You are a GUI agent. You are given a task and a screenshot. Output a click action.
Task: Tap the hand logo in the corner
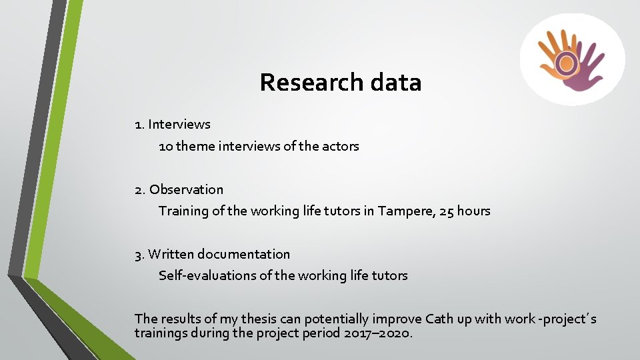(572, 60)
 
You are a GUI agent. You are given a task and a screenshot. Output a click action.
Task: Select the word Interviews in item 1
(179, 125)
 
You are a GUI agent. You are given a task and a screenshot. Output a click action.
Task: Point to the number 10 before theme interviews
(165, 146)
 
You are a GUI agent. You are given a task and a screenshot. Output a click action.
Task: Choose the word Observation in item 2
(187, 190)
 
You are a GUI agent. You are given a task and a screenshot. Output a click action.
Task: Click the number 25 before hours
(447, 211)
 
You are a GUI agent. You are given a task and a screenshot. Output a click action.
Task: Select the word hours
(474, 211)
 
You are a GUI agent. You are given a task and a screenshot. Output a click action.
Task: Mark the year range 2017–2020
(379, 333)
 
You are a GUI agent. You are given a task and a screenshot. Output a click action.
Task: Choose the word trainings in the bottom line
(161, 333)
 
